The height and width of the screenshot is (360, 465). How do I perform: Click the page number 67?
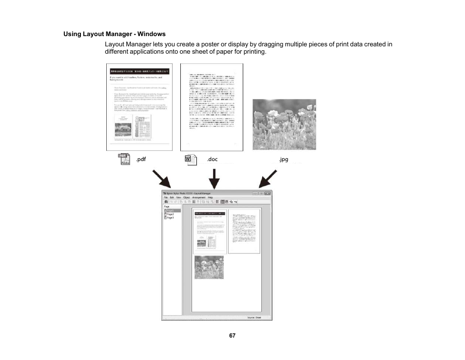coord(232,336)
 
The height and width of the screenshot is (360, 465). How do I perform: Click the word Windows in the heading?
coord(152,34)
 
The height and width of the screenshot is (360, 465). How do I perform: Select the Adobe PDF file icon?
coord(126,160)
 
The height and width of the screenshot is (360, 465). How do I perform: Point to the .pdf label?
coord(141,160)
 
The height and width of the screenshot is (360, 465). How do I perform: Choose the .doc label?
coord(212,160)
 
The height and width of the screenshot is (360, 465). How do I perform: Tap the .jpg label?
coord(283,160)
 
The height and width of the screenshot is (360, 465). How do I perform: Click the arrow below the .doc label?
coord(213,179)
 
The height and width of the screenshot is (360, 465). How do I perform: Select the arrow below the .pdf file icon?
coord(162,179)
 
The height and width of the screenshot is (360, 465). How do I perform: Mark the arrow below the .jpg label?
coord(268,179)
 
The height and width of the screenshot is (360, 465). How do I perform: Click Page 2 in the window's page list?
coord(170,214)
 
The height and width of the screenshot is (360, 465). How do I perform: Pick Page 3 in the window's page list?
coord(170,218)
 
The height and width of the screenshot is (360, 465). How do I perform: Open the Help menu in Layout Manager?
coord(211,198)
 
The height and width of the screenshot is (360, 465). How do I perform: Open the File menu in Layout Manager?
coord(166,198)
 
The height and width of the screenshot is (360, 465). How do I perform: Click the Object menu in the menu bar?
coord(186,198)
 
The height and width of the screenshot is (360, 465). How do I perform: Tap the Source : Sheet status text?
coord(254,318)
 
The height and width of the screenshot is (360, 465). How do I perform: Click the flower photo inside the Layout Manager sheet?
coord(209,267)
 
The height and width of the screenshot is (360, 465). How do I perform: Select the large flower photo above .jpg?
coord(284,124)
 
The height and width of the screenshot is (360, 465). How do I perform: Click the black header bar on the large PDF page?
coord(140,71)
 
